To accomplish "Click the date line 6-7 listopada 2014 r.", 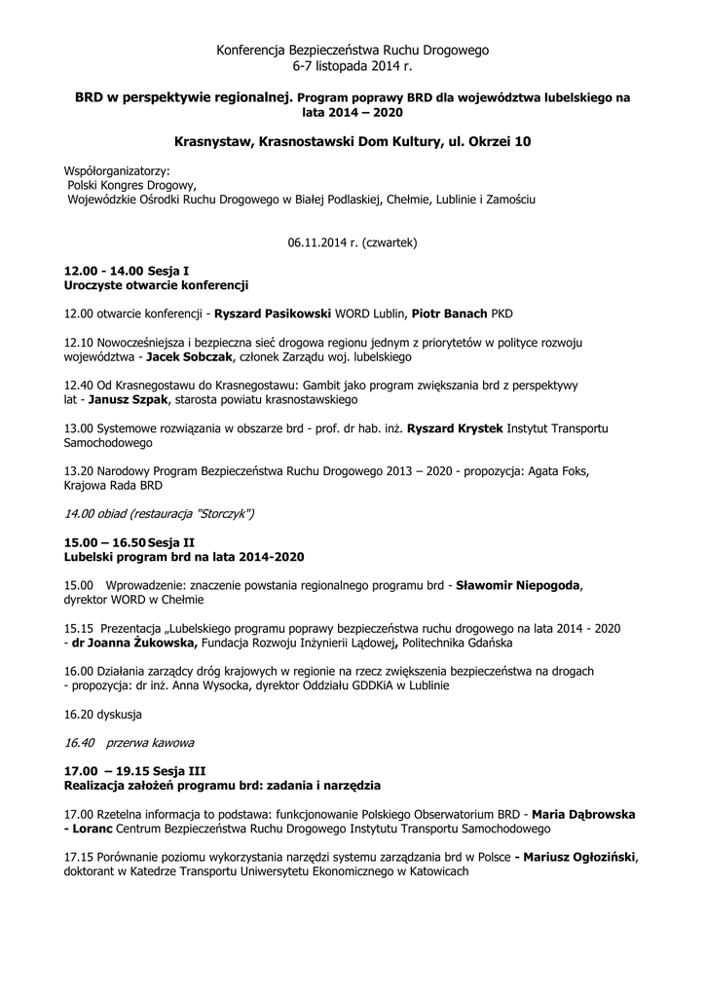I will point(353,66).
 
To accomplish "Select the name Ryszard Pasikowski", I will point(273,314).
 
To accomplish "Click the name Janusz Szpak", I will point(130,399).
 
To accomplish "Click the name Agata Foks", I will point(559,470).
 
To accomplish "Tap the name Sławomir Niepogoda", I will point(518,585).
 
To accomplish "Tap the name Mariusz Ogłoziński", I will point(579,857).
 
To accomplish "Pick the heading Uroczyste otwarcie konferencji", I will point(156,286).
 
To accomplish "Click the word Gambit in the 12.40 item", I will point(301,386).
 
